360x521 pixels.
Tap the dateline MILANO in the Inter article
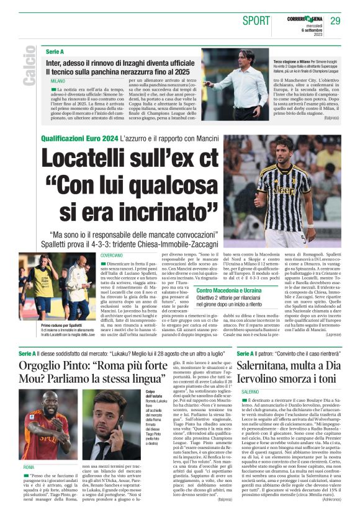point(58,81)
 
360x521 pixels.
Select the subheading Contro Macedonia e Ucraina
point(228,290)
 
